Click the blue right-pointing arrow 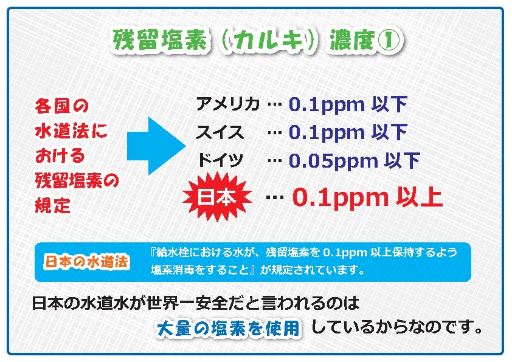(156, 146)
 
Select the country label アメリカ (227, 104)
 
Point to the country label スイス (220, 132)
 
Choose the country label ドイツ (220, 160)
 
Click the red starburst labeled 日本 (217, 197)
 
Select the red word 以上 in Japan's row (419, 197)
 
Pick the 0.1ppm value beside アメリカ (327, 105)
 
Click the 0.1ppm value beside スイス (327, 133)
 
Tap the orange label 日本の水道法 (86, 262)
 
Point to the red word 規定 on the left (53, 205)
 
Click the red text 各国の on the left (61, 106)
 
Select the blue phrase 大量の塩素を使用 (228, 328)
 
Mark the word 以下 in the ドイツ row (402, 160)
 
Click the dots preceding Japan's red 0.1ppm (275, 197)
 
